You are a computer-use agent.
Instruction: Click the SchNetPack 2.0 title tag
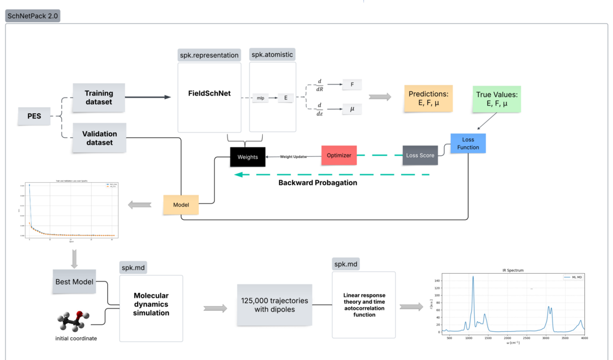(x=33, y=16)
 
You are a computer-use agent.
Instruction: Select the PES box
(x=34, y=116)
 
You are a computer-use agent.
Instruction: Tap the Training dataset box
(x=99, y=97)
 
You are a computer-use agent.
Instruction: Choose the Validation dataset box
(x=99, y=138)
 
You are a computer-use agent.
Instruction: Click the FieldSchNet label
(x=210, y=94)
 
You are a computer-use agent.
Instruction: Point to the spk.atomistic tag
(x=272, y=55)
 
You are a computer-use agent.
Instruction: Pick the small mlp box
(x=260, y=98)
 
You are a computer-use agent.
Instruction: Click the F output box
(x=352, y=84)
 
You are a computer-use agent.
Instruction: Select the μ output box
(x=352, y=109)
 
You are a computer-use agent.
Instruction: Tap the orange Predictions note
(x=428, y=98)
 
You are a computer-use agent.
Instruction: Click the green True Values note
(x=497, y=99)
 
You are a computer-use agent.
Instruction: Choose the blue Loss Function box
(x=468, y=144)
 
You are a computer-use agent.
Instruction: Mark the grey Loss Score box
(x=420, y=155)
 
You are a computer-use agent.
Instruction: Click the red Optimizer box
(x=339, y=155)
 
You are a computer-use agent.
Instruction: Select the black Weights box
(x=248, y=157)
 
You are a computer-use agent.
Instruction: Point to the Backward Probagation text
(x=318, y=183)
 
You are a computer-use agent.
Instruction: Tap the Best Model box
(x=75, y=282)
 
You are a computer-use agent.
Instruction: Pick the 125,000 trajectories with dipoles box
(x=275, y=305)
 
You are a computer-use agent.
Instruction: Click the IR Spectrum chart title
(x=512, y=271)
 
